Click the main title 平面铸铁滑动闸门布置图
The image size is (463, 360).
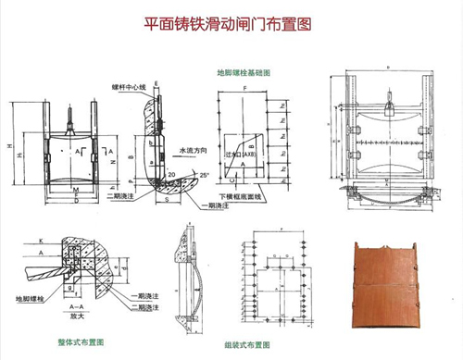[x=230, y=24]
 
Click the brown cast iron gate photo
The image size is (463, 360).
[x=389, y=287]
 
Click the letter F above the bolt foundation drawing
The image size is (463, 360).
[x=244, y=87]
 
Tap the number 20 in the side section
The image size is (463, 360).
[x=172, y=173]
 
